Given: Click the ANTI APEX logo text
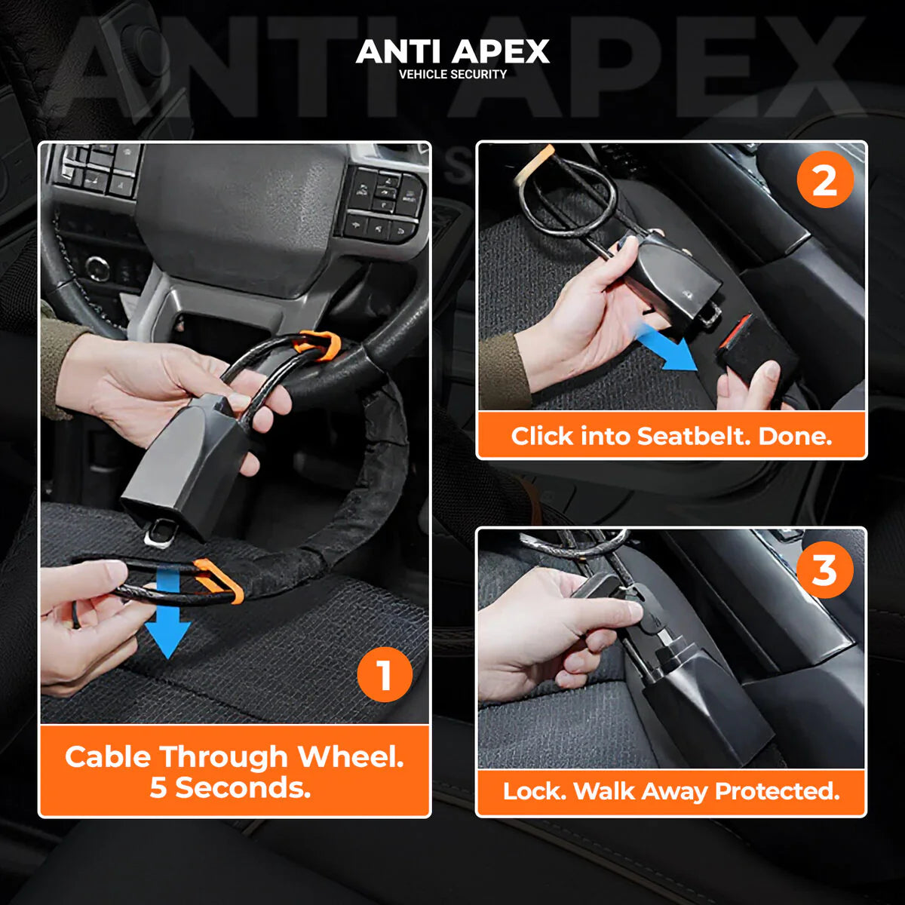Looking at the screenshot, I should pos(452,51).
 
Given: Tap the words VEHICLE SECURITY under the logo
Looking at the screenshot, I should pos(452,75).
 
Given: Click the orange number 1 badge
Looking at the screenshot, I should pos(385,674).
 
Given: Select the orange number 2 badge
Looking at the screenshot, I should pos(824,180).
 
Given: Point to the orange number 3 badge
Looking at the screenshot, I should pos(824,570).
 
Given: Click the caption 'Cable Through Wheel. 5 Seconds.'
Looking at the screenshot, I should pos(235,772).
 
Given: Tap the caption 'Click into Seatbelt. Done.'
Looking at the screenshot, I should pos(671,436).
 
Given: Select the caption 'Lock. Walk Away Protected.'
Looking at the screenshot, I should pos(671,791).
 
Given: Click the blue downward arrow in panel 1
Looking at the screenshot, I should pos(167,615).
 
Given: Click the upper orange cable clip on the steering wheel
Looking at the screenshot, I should pos(318,345).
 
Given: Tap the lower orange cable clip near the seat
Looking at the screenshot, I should pos(219,580).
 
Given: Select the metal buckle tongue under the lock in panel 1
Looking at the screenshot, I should pos(160,532).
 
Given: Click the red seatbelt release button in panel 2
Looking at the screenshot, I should pos(736,332).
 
